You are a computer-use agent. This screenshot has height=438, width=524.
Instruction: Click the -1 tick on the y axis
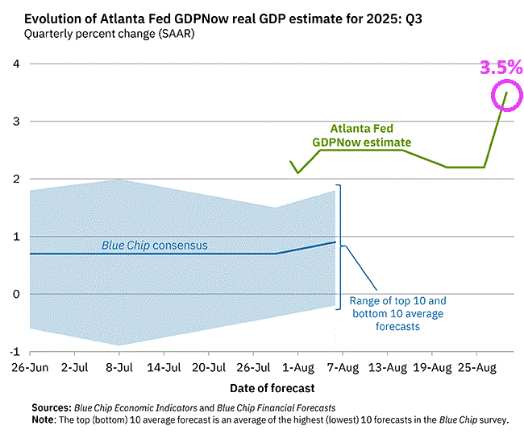[x=15, y=352]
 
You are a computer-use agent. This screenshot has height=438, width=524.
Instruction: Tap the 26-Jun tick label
[x=29, y=368]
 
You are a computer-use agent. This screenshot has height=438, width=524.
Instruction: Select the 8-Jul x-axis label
[x=119, y=368]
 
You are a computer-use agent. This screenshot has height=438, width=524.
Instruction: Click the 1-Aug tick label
[x=297, y=368]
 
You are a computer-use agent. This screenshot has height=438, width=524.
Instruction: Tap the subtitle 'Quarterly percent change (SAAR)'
[x=109, y=34]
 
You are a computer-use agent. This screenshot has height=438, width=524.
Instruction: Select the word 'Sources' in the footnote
[x=51, y=407]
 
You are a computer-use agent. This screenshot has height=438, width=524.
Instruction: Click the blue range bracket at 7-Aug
[x=340, y=246]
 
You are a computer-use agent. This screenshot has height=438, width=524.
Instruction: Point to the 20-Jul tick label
[x=208, y=368]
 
